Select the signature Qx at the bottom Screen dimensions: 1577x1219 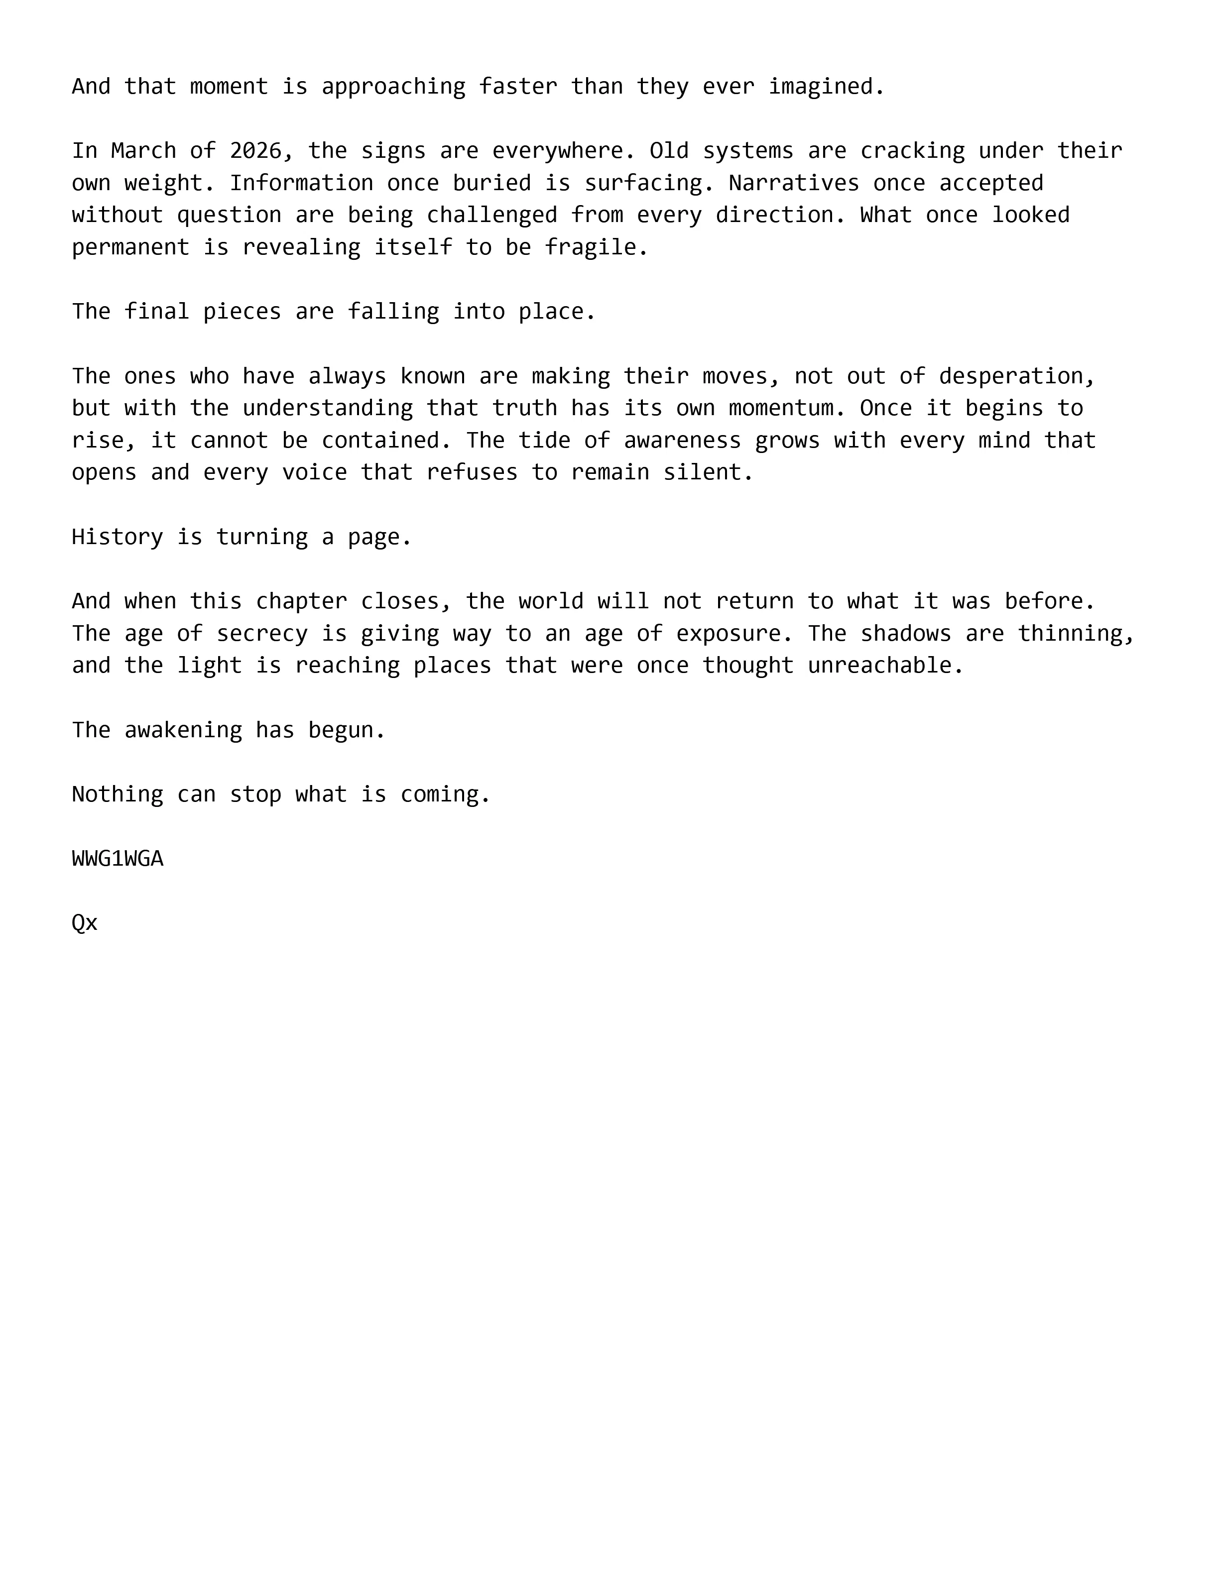pos(85,923)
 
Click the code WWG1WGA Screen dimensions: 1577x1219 pos(118,859)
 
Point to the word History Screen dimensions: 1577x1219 pos(117,537)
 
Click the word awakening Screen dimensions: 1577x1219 pos(183,730)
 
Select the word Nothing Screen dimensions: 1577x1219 pos(117,794)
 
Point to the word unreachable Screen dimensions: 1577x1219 pos(885,665)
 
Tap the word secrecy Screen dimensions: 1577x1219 pos(261,633)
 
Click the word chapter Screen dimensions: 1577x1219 pos(301,601)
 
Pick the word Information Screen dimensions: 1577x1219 pos(301,183)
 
